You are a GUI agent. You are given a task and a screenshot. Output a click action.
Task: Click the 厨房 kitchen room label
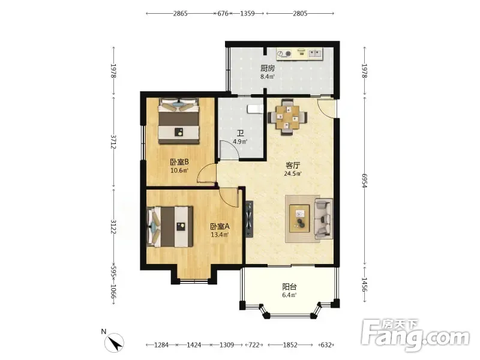click(268, 68)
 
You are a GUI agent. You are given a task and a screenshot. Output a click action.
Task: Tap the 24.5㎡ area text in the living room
click(293, 174)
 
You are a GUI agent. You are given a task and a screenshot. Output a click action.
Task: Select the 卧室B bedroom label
click(179, 161)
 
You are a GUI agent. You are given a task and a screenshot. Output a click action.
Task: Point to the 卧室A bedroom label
click(220, 227)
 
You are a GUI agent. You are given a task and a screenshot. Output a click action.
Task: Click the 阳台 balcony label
click(289, 287)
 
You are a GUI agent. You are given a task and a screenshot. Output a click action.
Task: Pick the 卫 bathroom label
click(241, 133)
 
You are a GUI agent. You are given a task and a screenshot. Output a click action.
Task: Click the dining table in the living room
click(287, 117)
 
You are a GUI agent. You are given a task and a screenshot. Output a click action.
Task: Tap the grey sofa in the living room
click(323, 218)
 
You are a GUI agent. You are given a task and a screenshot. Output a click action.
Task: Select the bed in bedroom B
click(179, 121)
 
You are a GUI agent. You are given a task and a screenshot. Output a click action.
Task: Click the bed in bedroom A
click(170, 227)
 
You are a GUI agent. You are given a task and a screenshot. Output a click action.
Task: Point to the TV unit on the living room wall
click(250, 219)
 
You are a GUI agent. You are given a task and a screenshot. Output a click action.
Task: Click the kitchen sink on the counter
click(314, 53)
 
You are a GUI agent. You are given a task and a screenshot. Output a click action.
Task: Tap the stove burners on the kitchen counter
click(284, 54)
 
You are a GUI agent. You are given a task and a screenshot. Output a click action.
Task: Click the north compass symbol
click(114, 343)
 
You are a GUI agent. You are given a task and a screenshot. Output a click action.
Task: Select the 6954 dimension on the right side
click(364, 181)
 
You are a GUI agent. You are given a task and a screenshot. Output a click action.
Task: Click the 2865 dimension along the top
click(181, 13)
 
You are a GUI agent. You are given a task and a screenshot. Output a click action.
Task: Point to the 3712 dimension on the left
click(113, 142)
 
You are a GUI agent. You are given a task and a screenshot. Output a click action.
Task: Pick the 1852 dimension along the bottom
click(290, 345)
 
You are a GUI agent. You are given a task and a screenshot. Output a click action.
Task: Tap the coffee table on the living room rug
click(299, 218)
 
